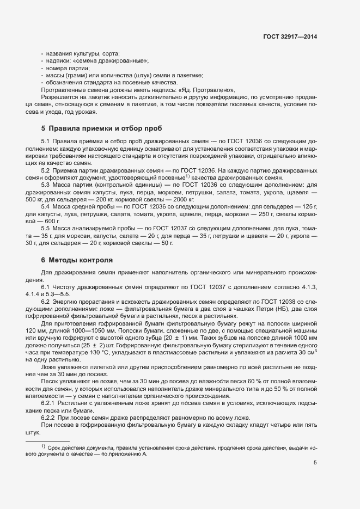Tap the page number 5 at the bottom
click(x=315, y=463)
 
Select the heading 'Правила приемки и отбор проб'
click(x=98, y=129)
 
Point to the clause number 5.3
click(x=46, y=186)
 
